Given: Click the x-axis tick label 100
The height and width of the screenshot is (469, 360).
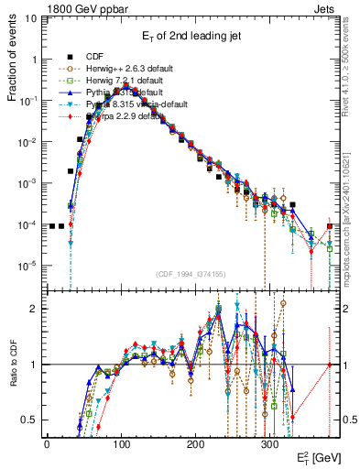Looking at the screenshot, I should pyautogui.click(x=121, y=442).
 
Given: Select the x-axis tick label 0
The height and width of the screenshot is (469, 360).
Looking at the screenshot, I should pyautogui.click(x=47, y=442).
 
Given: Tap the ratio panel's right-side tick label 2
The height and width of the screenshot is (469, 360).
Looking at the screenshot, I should pyautogui.click(x=347, y=309).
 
